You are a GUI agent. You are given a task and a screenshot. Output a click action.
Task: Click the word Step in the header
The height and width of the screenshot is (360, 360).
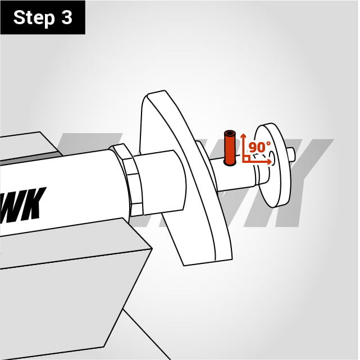[34, 18]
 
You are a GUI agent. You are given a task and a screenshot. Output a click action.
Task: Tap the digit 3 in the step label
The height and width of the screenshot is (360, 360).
[67, 17]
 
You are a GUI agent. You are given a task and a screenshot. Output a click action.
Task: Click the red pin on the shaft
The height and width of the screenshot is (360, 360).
[230, 148]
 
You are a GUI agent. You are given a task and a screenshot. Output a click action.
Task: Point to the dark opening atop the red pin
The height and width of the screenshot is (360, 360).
[230, 134]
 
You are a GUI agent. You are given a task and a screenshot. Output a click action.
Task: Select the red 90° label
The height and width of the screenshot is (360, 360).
[259, 147]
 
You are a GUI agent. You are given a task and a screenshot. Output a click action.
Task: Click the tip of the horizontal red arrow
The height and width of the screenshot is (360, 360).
[272, 162]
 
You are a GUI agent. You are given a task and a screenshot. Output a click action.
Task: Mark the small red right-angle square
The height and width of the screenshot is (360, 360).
[246, 158]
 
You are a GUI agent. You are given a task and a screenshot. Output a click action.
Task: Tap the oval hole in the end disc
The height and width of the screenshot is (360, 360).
[272, 158]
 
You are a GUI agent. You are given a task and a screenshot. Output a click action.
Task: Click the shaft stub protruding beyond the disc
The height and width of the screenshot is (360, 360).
[291, 154]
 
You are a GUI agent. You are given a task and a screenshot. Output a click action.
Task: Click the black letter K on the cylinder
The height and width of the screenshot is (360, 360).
[34, 203]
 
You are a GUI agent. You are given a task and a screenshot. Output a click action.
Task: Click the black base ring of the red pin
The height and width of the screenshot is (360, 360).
[230, 163]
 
